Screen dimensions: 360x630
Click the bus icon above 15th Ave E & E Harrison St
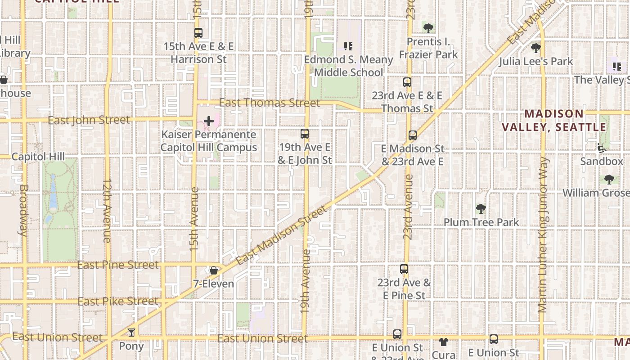(x=198, y=33)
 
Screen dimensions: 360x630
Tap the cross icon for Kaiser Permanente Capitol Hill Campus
(x=209, y=121)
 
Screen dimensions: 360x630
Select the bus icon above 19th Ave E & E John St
(x=305, y=134)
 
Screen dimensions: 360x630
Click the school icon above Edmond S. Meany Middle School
(x=348, y=46)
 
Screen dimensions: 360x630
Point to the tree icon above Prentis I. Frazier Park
(x=428, y=28)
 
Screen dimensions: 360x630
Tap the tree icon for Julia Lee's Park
(x=535, y=48)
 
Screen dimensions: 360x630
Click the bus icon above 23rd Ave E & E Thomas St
(x=407, y=82)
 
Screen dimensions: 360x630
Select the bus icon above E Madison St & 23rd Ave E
(x=413, y=135)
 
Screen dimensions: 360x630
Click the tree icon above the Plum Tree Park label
(x=481, y=209)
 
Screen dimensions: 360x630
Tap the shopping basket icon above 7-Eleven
(x=214, y=270)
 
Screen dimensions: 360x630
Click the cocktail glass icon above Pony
(x=131, y=333)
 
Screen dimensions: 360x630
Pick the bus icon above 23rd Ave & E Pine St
(x=404, y=270)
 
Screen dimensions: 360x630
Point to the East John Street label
(x=89, y=120)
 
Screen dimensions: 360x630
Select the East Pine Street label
(x=118, y=265)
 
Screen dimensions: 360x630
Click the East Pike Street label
(x=118, y=301)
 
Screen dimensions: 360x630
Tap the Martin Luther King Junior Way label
(x=543, y=234)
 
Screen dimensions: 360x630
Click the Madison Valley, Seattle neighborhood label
(x=554, y=120)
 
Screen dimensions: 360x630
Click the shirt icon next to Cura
(x=444, y=342)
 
